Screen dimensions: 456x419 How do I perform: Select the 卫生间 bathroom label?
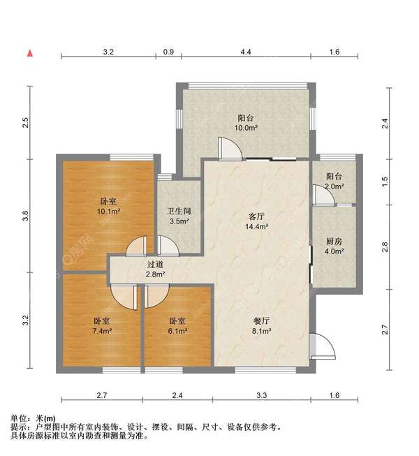[x=179, y=211]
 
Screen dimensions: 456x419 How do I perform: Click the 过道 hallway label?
[x=155, y=264]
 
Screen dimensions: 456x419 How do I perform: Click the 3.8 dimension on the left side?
[x=26, y=216]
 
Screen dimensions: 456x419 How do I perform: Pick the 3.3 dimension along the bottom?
[x=262, y=396]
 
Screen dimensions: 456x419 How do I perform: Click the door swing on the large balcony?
[x=229, y=149]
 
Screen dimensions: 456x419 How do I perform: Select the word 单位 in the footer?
[x=20, y=418]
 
